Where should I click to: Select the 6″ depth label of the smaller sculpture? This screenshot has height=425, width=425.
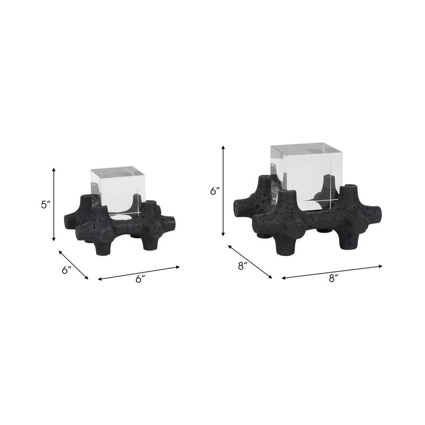click(x=66, y=270)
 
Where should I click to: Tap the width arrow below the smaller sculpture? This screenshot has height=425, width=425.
click(x=139, y=272)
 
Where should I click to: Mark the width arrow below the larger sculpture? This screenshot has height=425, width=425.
click(x=332, y=271)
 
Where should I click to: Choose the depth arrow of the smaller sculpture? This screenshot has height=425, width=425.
click(x=74, y=265)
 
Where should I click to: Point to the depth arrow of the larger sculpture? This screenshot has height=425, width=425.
click(x=250, y=261)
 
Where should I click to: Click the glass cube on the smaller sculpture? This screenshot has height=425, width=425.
click(x=117, y=191)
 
